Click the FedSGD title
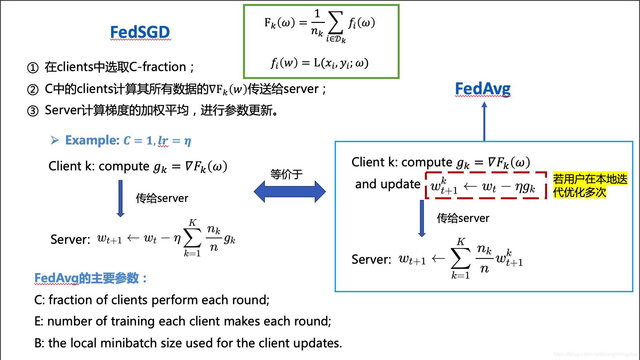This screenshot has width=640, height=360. tap(140, 32)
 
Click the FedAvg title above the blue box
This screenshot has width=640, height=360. tap(483, 89)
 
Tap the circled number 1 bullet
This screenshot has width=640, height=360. tap(33, 68)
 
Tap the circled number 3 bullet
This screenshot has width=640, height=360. tap(33, 111)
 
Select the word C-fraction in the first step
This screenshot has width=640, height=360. tap(157, 67)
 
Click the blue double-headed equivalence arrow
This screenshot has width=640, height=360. tap(289, 192)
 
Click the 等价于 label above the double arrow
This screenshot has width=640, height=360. tap(286, 174)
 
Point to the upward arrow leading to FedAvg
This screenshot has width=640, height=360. tap(484, 121)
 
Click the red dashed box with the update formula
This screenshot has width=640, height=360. tap(485, 185)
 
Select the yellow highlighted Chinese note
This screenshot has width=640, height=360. tap(590, 185)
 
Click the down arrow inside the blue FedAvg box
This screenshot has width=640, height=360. tap(422, 218)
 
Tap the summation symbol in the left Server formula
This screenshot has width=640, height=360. tap(193, 238)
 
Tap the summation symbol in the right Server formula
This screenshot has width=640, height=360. tap(461, 258)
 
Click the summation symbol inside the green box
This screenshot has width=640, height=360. tap(335, 23)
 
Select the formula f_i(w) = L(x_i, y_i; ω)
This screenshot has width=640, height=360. tap(319, 63)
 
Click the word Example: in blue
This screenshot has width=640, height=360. tap(92, 140)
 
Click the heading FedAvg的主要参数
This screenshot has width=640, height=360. tap(90, 278)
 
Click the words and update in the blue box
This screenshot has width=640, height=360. tap(387, 184)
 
